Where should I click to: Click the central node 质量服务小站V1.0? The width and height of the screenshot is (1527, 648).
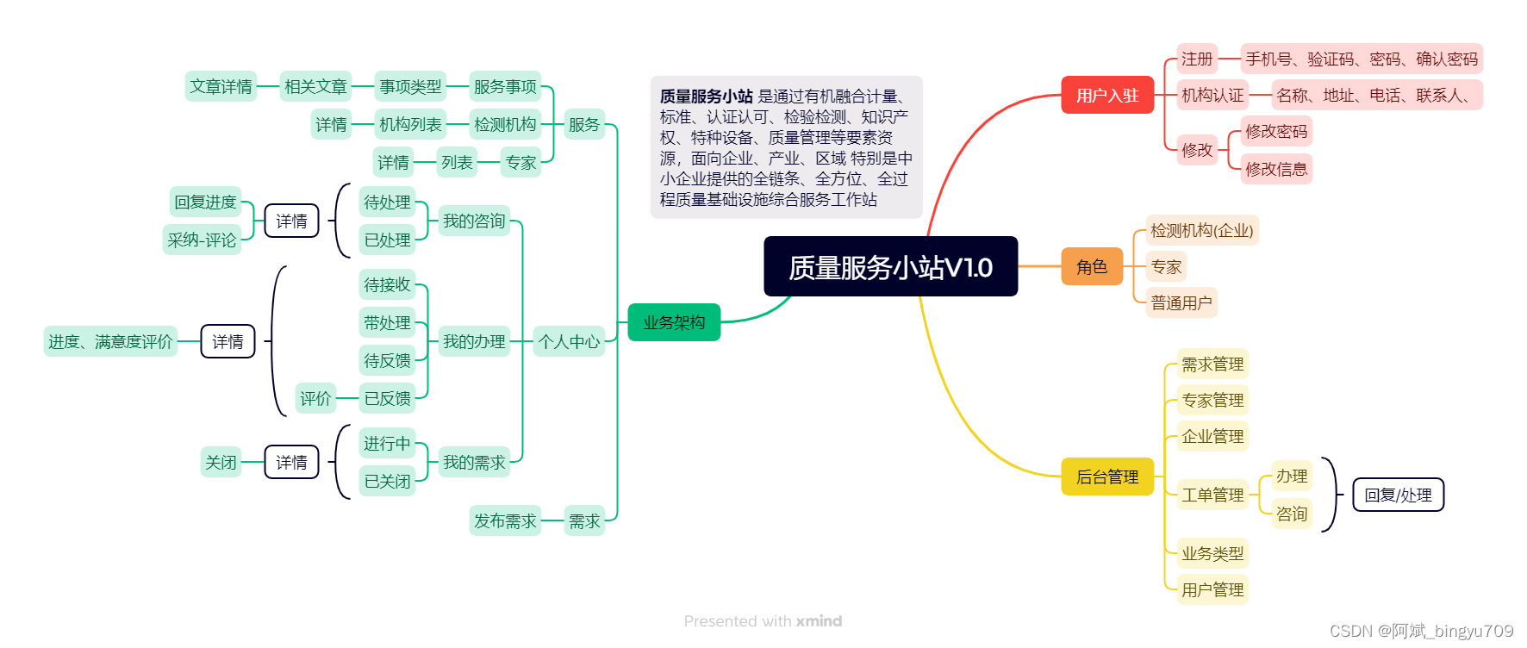click(890, 266)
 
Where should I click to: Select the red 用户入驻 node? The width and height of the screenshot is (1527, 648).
click(1107, 96)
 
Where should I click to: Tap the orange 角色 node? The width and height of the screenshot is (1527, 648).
click(1091, 267)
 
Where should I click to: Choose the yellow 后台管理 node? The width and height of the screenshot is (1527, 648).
click(1107, 477)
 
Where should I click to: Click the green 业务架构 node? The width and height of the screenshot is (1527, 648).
click(674, 322)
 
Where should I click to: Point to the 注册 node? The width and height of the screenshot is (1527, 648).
click(1197, 59)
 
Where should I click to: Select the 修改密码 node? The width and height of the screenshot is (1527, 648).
click(1276, 132)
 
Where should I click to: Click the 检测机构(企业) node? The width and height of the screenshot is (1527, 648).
click(1202, 230)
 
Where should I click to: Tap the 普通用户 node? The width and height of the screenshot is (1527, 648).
click(1181, 302)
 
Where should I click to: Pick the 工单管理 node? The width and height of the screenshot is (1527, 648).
click(1212, 495)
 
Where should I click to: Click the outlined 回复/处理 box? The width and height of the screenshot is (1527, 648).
click(1398, 495)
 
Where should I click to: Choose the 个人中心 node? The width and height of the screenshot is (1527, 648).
click(569, 341)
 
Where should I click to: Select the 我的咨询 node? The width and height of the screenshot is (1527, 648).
click(474, 221)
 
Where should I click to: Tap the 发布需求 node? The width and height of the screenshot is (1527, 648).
click(505, 520)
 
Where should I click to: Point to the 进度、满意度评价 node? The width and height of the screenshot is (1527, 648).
click(110, 341)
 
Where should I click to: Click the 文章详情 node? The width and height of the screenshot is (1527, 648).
click(221, 86)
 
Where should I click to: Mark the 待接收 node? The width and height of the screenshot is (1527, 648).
click(387, 284)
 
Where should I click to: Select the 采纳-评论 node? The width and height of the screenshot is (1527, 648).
click(202, 240)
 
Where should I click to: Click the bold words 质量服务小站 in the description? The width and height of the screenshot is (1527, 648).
click(707, 97)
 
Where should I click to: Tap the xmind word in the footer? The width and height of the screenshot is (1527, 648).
click(819, 620)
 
